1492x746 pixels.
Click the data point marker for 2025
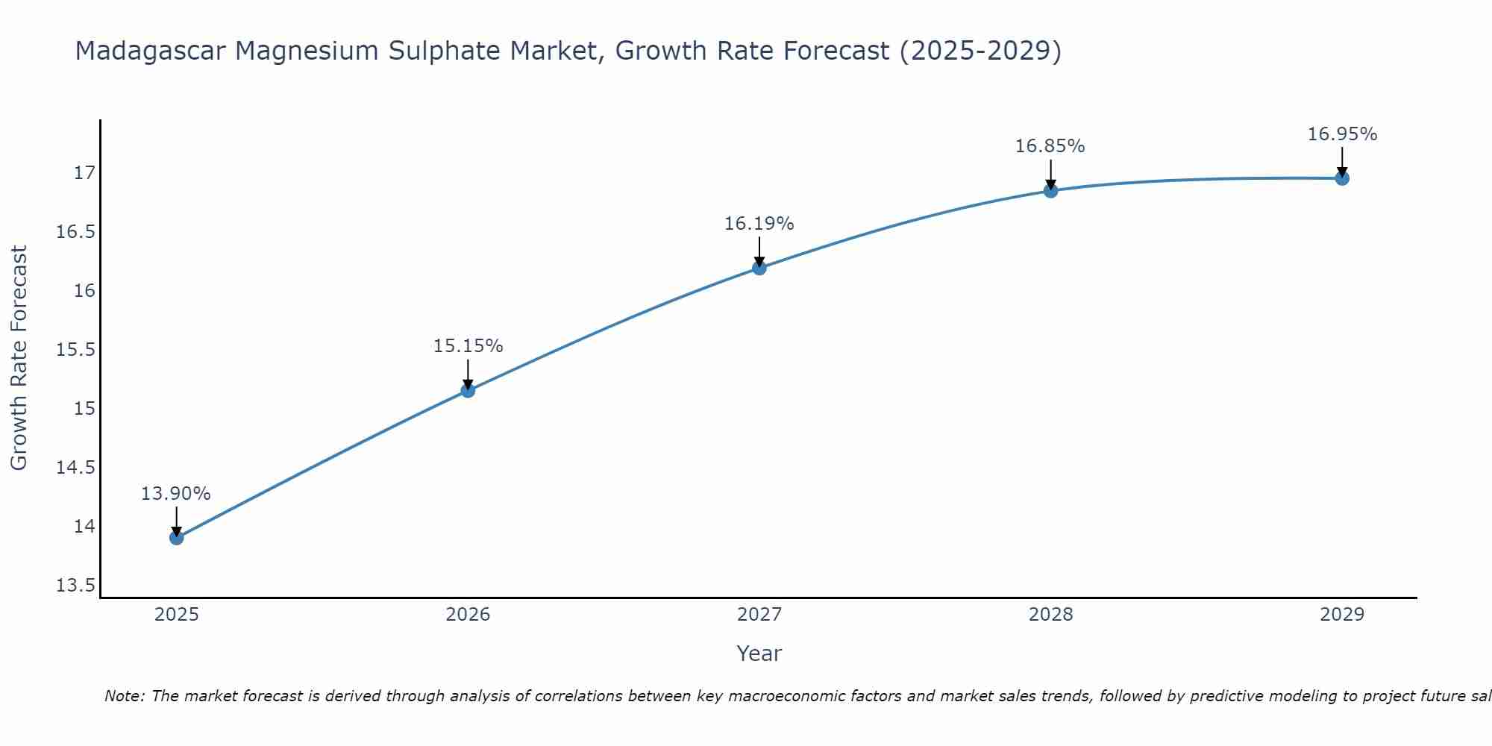(177, 538)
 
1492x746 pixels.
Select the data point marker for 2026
(468, 390)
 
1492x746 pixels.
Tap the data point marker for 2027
(759, 268)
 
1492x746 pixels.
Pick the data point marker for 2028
(1050, 190)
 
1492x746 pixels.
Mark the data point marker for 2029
(1342, 178)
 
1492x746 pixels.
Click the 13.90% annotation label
(176, 494)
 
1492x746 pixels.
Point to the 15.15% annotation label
(468, 346)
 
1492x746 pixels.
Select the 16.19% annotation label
(759, 224)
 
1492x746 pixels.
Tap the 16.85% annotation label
(1050, 146)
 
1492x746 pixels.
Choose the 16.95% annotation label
(1342, 134)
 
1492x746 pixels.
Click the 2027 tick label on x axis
(759, 615)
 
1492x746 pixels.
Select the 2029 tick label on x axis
(1342, 615)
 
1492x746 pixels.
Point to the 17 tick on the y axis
(85, 173)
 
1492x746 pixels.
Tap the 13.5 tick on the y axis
(76, 586)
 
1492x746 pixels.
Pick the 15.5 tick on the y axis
(76, 350)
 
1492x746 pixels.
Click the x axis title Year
(759, 653)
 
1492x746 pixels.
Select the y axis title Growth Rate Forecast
(19, 358)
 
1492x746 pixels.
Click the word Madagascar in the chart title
(150, 51)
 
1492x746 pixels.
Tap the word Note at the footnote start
(125, 696)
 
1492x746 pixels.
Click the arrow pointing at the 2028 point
(1050, 173)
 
